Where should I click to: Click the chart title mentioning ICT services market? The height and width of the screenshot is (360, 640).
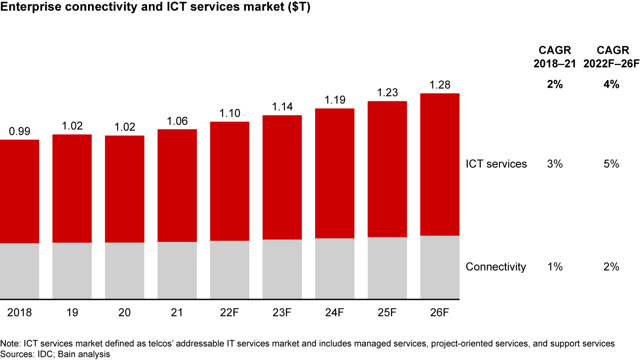(155, 9)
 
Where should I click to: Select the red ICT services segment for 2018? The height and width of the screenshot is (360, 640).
(20, 191)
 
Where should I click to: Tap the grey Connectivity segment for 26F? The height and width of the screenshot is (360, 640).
(440, 267)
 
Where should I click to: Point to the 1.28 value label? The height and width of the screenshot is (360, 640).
(440, 85)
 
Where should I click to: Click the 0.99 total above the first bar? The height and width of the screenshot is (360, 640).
(20, 132)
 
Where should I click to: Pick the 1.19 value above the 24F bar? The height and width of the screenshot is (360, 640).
(335, 100)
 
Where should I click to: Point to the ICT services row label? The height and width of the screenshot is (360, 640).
(496, 164)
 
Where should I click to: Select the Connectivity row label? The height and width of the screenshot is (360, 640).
(496, 267)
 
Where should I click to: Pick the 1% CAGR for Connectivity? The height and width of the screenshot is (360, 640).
(555, 267)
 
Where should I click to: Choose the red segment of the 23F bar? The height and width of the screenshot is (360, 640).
(282, 177)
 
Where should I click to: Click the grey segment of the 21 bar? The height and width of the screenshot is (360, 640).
(177, 270)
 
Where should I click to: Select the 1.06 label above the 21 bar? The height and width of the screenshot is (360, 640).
(177, 121)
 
